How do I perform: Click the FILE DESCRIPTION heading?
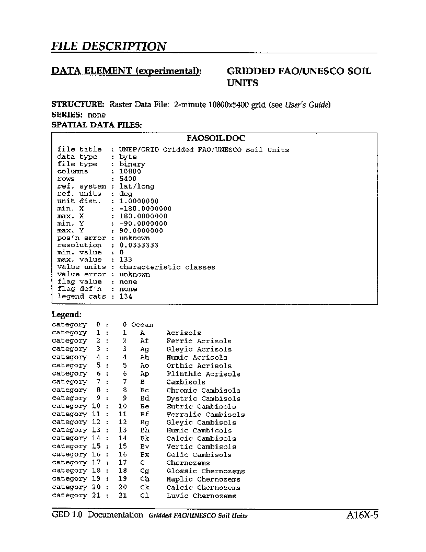pyautogui.click(x=109, y=46)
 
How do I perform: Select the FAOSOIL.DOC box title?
pyautogui.click(x=215, y=139)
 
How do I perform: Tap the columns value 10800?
pyautogui.click(x=130, y=171)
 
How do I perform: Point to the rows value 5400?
pyautogui.click(x=128, y=179)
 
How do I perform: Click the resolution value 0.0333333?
pyautogui.click(x=139, y=245)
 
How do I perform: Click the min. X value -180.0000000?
pyautogui.click(x=145, y=208)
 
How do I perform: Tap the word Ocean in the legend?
pyautogui.click(x=142, y=325)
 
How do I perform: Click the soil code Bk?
pyautogui.click(x=145, y=439)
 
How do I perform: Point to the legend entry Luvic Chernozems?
pyautogui.click(x=201, y=496)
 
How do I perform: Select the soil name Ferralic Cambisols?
pyautogui.click(x=205, y=415)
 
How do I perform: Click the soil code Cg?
pyautogui.click(x=145, y=471)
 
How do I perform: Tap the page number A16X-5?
pyautogui.click(x=362, y=515)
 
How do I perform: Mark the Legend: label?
pyautogui.click(x=66, y=315)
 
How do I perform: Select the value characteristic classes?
pyautogui.click(x=167, y=267)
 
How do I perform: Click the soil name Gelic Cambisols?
pyautogui.click(x=199, y=455)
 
